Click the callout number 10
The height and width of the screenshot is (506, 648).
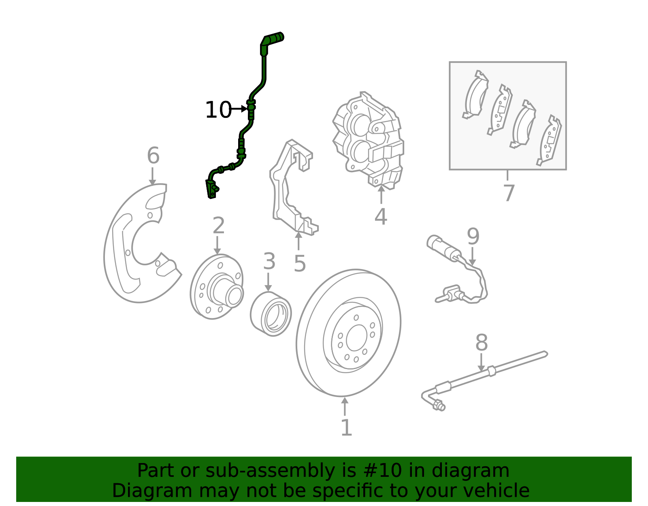218,110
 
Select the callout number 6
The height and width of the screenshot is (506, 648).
153,155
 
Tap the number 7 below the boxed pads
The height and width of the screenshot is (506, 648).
509,193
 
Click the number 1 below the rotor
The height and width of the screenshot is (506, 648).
346,427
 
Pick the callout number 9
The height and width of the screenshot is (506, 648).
473,237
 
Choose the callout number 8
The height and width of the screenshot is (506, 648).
482,342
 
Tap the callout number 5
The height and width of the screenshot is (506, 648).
300,263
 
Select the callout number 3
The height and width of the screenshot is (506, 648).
269,261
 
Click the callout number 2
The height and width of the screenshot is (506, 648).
218,225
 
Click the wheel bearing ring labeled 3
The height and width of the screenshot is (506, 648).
271,314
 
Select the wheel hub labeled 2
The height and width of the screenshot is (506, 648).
217,286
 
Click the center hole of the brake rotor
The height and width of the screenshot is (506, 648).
357,338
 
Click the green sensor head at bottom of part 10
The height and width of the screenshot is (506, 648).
212,189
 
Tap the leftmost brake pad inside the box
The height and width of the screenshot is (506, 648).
475,94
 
